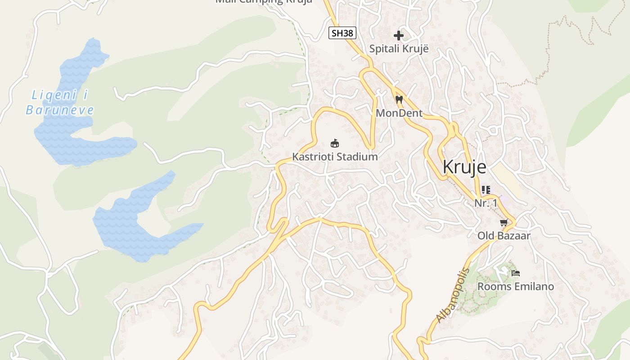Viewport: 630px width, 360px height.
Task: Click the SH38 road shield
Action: [x=342, y=33]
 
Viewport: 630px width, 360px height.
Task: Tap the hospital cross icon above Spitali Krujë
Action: [x=399, y=35]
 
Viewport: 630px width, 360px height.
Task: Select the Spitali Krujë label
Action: [x=399, y=49]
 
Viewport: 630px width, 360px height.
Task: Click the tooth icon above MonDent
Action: [x=399, y=100]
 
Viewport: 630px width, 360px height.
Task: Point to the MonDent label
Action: [x=399, y=113]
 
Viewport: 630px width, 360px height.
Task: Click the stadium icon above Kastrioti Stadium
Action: [x=335, y=144]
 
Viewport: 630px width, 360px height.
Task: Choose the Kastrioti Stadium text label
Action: [x=335, y=157]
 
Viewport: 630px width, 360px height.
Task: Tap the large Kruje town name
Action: [x=464, y=167]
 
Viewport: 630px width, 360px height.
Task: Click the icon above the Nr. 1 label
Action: [x=486, y=190]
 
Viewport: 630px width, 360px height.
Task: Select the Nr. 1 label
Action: [x=486, y=203]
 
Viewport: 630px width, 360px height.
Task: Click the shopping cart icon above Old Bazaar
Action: [x=504, y=222]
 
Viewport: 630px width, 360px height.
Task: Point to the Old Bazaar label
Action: [x=504, y=235]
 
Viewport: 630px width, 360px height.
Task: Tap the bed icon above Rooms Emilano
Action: [x=516, y=273]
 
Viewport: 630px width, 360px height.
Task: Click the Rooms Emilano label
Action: [x=515, y=286]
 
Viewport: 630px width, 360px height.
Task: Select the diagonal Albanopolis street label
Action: [x=452, y=295]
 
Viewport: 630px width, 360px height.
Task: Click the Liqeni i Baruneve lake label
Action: [x=60, y=103]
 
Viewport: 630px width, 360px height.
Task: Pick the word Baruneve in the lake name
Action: [x=60, y=110]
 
